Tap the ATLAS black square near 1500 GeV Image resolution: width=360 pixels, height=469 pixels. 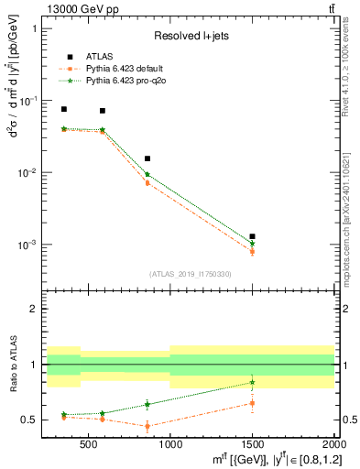(252, 236)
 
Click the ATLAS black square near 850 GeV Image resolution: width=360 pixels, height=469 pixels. (147, 158)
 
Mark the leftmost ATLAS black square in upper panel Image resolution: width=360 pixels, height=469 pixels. (63, 109)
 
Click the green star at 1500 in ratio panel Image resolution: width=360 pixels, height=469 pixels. (252, 382)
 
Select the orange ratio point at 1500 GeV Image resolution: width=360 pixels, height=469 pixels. (252, 403)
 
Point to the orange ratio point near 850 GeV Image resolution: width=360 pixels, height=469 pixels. (147, 426)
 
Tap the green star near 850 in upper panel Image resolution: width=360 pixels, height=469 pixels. (147, 174)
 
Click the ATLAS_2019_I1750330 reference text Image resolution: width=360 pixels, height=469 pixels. (191, 274)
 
